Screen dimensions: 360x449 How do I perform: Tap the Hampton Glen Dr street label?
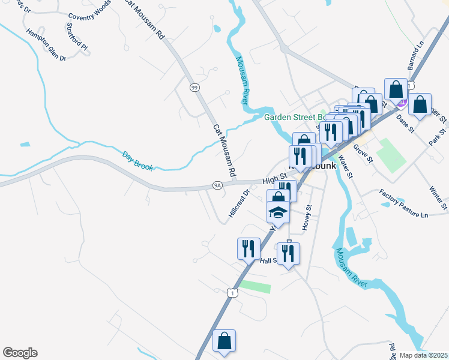tap(46, 45)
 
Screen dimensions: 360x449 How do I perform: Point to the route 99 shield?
tap(194, 88)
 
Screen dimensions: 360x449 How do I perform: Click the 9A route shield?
tap(217, 185)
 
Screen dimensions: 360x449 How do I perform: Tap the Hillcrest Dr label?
tap(238, 204)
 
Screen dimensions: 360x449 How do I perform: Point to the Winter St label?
tap(439, 197)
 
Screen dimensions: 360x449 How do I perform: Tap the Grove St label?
tap(363, 154)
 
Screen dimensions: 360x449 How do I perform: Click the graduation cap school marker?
tap(278, 211)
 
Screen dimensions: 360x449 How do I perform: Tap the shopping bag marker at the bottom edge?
tap(224, 341)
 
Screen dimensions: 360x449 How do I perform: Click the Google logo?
tap(20, 353)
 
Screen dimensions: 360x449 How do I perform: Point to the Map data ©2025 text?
tap(423, 355)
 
